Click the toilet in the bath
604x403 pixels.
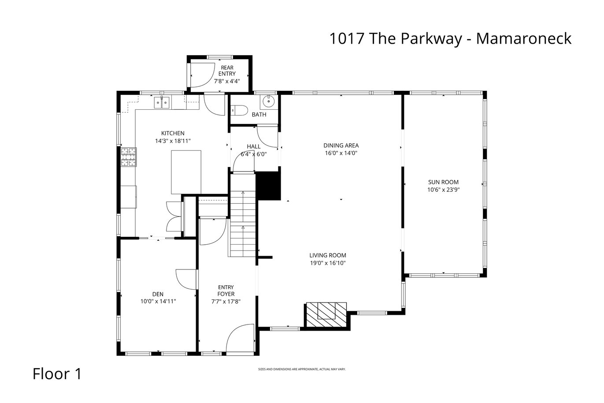240,110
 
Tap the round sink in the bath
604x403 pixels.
268,101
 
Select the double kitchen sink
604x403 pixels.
162,103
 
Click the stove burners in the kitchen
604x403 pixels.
128,157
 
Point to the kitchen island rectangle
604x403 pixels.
186,172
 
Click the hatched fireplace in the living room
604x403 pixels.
326,315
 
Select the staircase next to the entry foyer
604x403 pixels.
243,216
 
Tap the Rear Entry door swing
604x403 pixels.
203,75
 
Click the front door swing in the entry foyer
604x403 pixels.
240,338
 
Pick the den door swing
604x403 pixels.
186,280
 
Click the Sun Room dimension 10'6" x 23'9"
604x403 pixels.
443,190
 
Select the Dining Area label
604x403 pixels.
341,146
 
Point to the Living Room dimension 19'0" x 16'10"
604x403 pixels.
328,263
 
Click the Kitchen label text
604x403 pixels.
173,133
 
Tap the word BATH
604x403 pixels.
259,115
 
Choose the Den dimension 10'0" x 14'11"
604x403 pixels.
158,301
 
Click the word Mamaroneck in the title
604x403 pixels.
524,38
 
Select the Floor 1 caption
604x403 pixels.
57,374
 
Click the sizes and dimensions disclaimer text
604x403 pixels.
302,369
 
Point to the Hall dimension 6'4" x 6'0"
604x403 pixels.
254,154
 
